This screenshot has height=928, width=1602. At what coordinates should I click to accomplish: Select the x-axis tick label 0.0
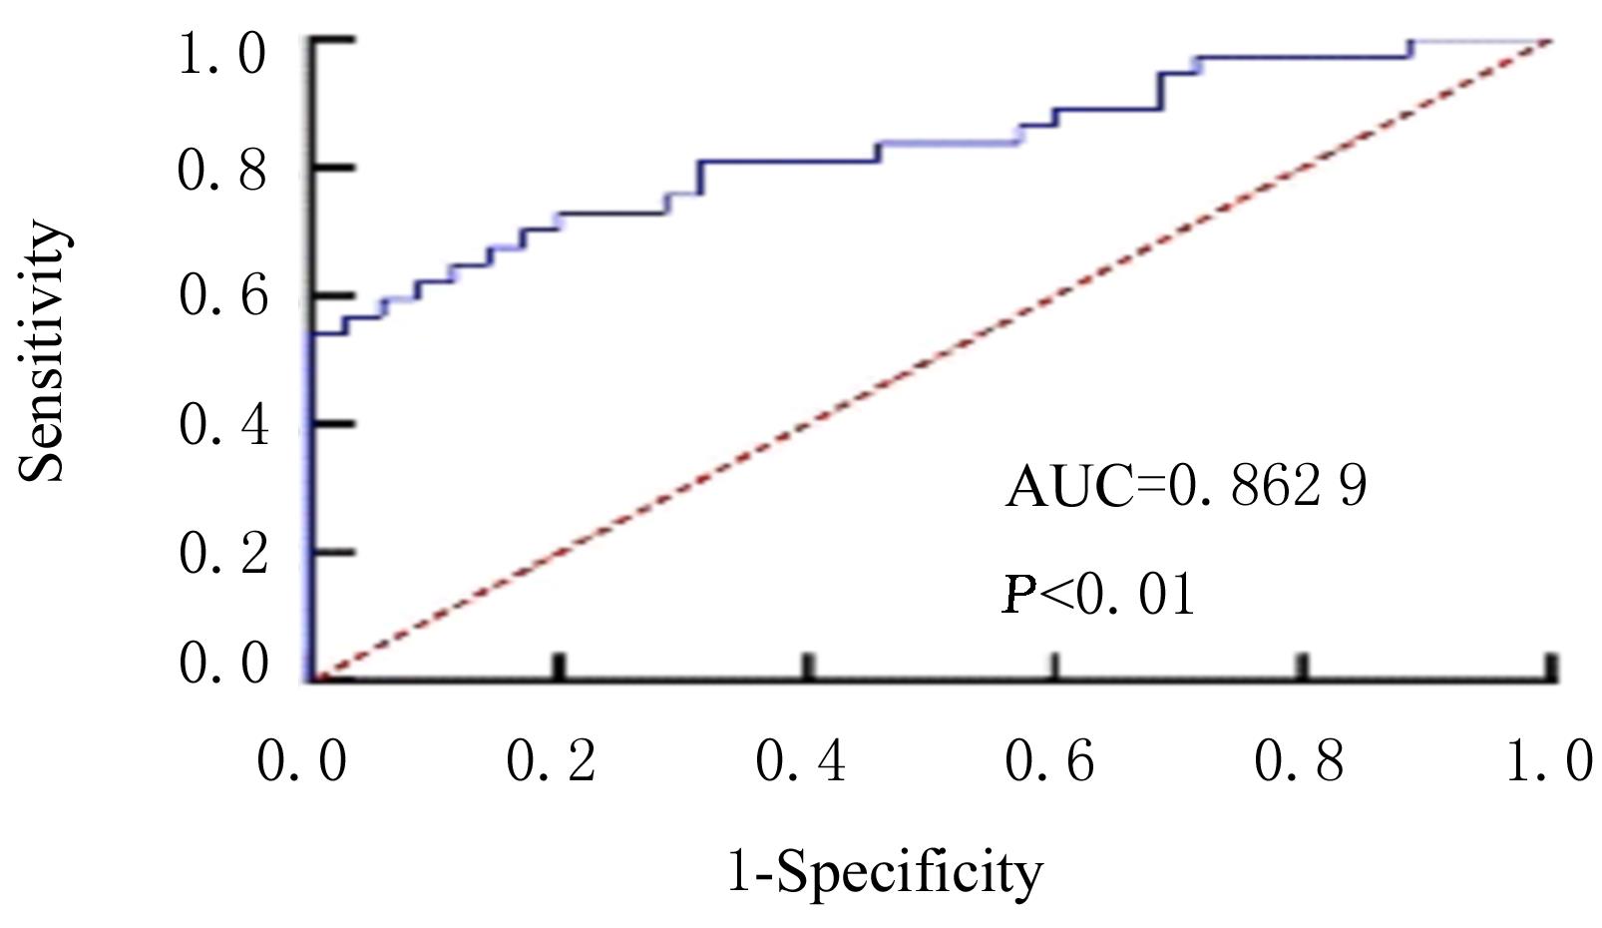pyautogui.click(x=301, y=762)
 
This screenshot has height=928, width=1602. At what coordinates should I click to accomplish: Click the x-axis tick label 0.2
pyautogui.click(x=551, y=762)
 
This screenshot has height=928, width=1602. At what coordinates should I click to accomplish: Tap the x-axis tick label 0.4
pyautogui.click(x=800, y=762)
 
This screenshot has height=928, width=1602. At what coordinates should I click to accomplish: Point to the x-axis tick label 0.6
pyautogui.click(x=1049, y=762)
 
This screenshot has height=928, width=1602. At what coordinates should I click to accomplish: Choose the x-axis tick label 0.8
pyautogui.click(x=1299, y=762)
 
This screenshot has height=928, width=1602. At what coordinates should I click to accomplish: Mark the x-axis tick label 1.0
pyautogui.click(x=1548, y=762)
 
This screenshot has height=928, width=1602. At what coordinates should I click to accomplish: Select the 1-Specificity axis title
pyautogui.click(x=884, y=873)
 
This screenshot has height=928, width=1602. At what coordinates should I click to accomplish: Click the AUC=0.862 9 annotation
pyautogui.click(x=1185, y=487)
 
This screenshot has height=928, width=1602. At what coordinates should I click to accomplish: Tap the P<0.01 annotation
pyautogui.click(x=1098, y=596)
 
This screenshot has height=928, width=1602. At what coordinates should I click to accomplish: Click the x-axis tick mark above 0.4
pyautogui.click(x=808, y=666)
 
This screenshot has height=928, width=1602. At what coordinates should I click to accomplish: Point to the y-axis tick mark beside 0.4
pyautogui.click(x=333, y=424)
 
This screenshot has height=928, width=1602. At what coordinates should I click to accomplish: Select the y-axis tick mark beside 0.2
pyautogui.click(x=333, y=552)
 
